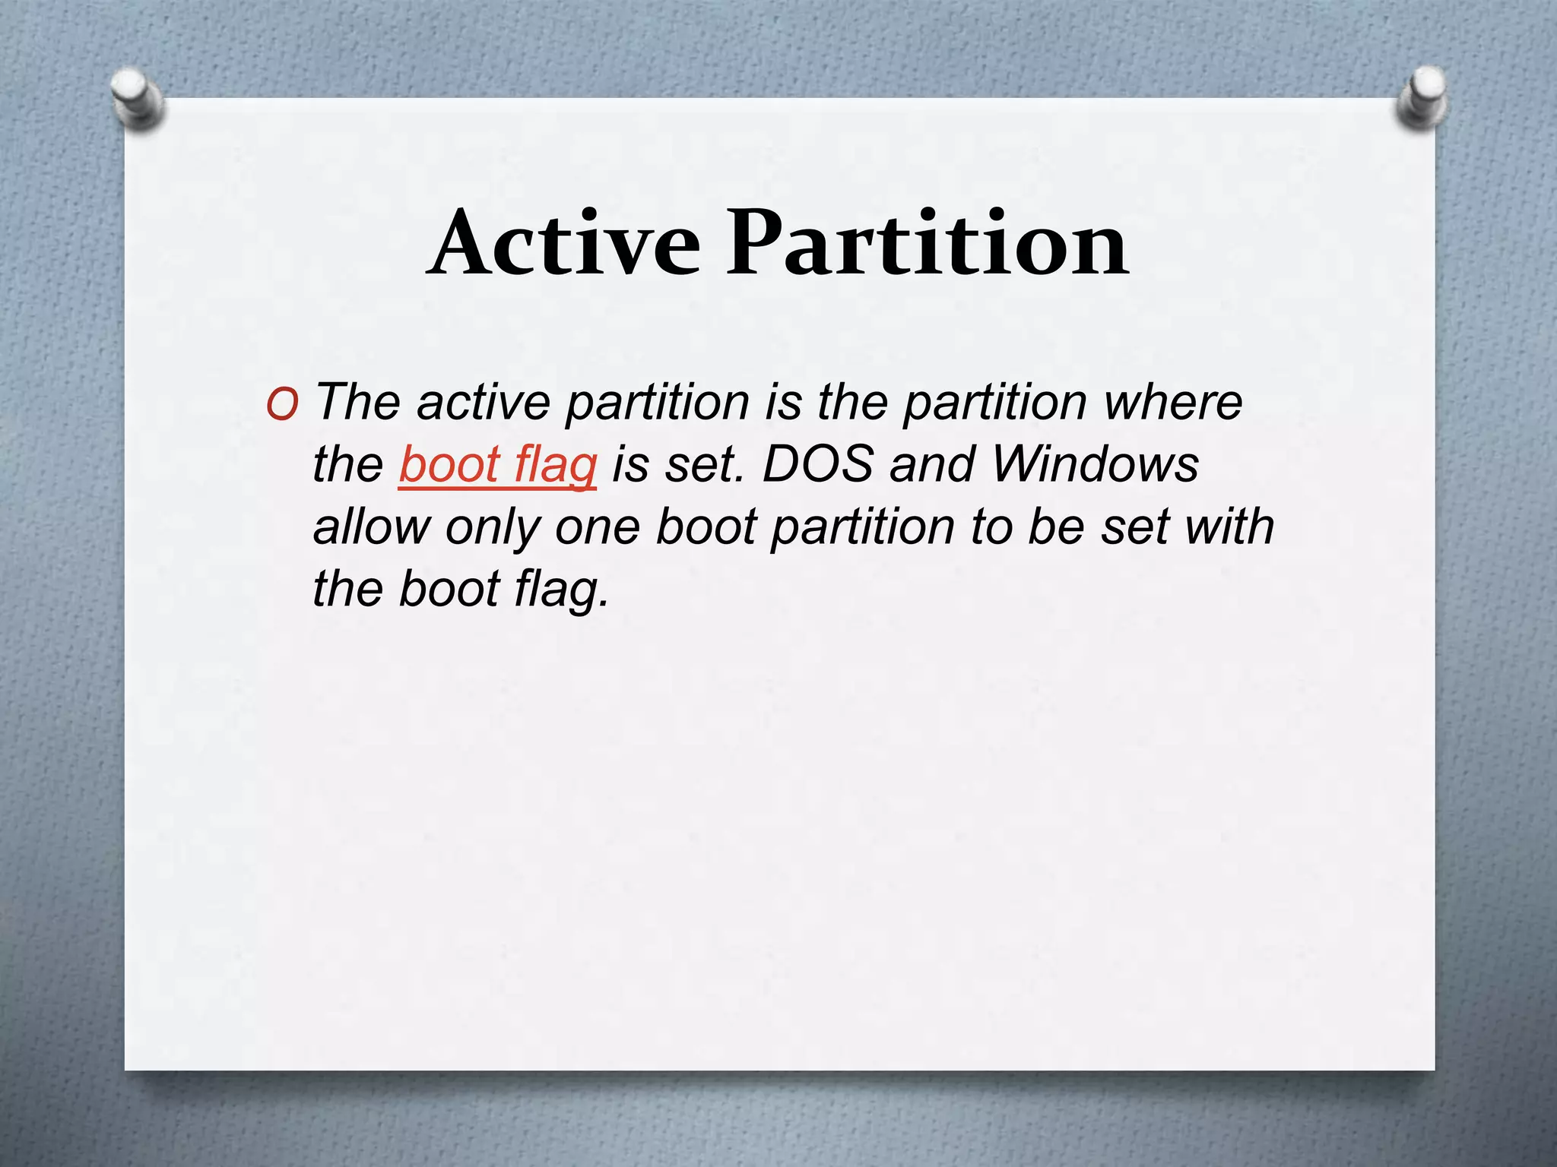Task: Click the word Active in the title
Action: point(564,243)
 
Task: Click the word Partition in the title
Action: point(927,243)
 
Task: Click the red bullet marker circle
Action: point(282,406)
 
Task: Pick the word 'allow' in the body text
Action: point(371,526)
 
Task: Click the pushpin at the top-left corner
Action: point(137,97)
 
